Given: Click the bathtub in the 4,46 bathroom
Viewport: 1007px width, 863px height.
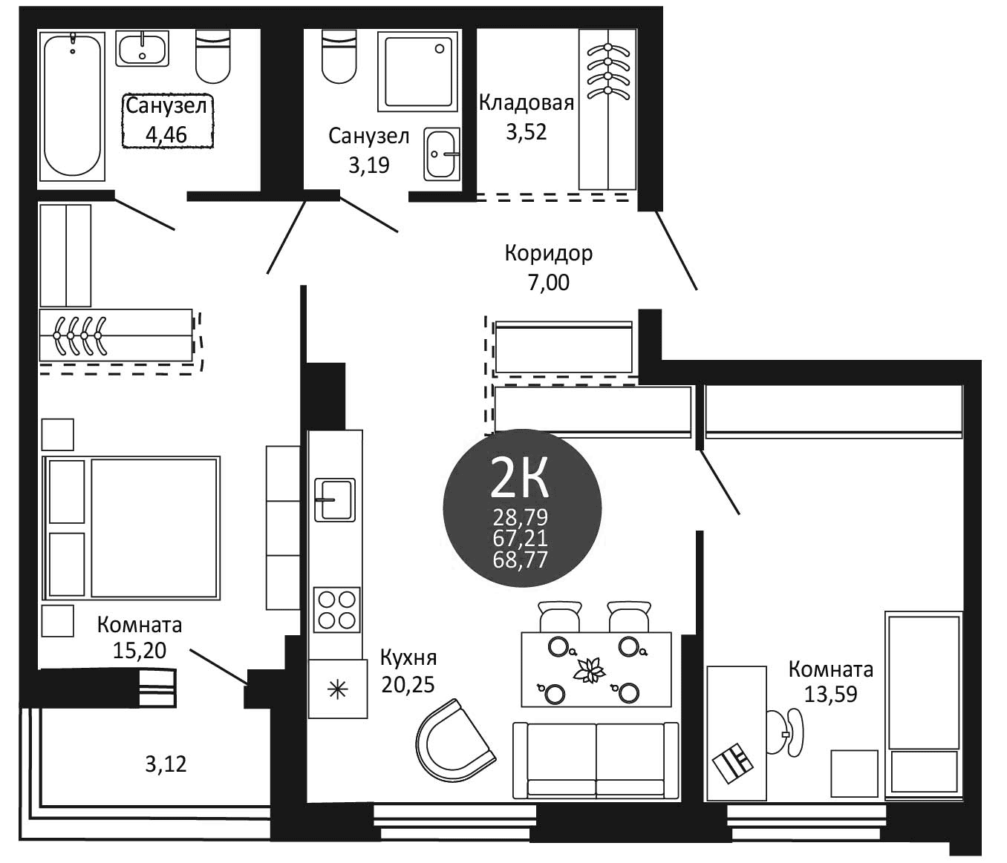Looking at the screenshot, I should click(x=71, y=103).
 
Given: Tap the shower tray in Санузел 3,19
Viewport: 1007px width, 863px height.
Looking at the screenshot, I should click(x=417, y=70).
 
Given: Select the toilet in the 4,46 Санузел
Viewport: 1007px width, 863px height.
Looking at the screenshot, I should click(x=212, y=56).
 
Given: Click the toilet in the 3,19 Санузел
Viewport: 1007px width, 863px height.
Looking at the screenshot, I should click(x=340, y=56).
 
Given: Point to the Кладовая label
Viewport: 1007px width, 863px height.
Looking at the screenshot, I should click(x=526, y=102).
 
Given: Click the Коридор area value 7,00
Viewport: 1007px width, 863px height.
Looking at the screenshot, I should click(x=548, y=283).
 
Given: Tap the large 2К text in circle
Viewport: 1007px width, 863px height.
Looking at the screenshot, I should click(x=521, y=479).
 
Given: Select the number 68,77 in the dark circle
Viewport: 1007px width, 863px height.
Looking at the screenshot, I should click(x=521, y=560).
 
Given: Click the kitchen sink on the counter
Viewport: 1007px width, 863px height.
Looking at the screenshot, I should click(x=334, y=499).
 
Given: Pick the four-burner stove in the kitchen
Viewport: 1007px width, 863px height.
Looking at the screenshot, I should click(x=336, y=609).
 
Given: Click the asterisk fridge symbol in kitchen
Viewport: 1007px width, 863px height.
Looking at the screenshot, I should click(x=338, y=690).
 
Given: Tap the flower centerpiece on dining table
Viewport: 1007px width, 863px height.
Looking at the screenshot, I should click(x=590, y=670).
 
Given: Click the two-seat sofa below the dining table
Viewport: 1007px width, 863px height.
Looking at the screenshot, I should click(x=596, y=760).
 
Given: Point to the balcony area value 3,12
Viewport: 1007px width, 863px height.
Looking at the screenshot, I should click(x=166, y=763).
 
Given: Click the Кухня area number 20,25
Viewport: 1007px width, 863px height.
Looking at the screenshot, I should click(x=408, y=683).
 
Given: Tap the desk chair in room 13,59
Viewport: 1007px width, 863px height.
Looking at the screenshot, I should click(x=787, y=732).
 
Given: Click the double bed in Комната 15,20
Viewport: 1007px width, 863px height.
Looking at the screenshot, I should click(x=134, y=528).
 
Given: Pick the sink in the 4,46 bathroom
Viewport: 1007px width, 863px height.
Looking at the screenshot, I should click(x=143, y=47).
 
